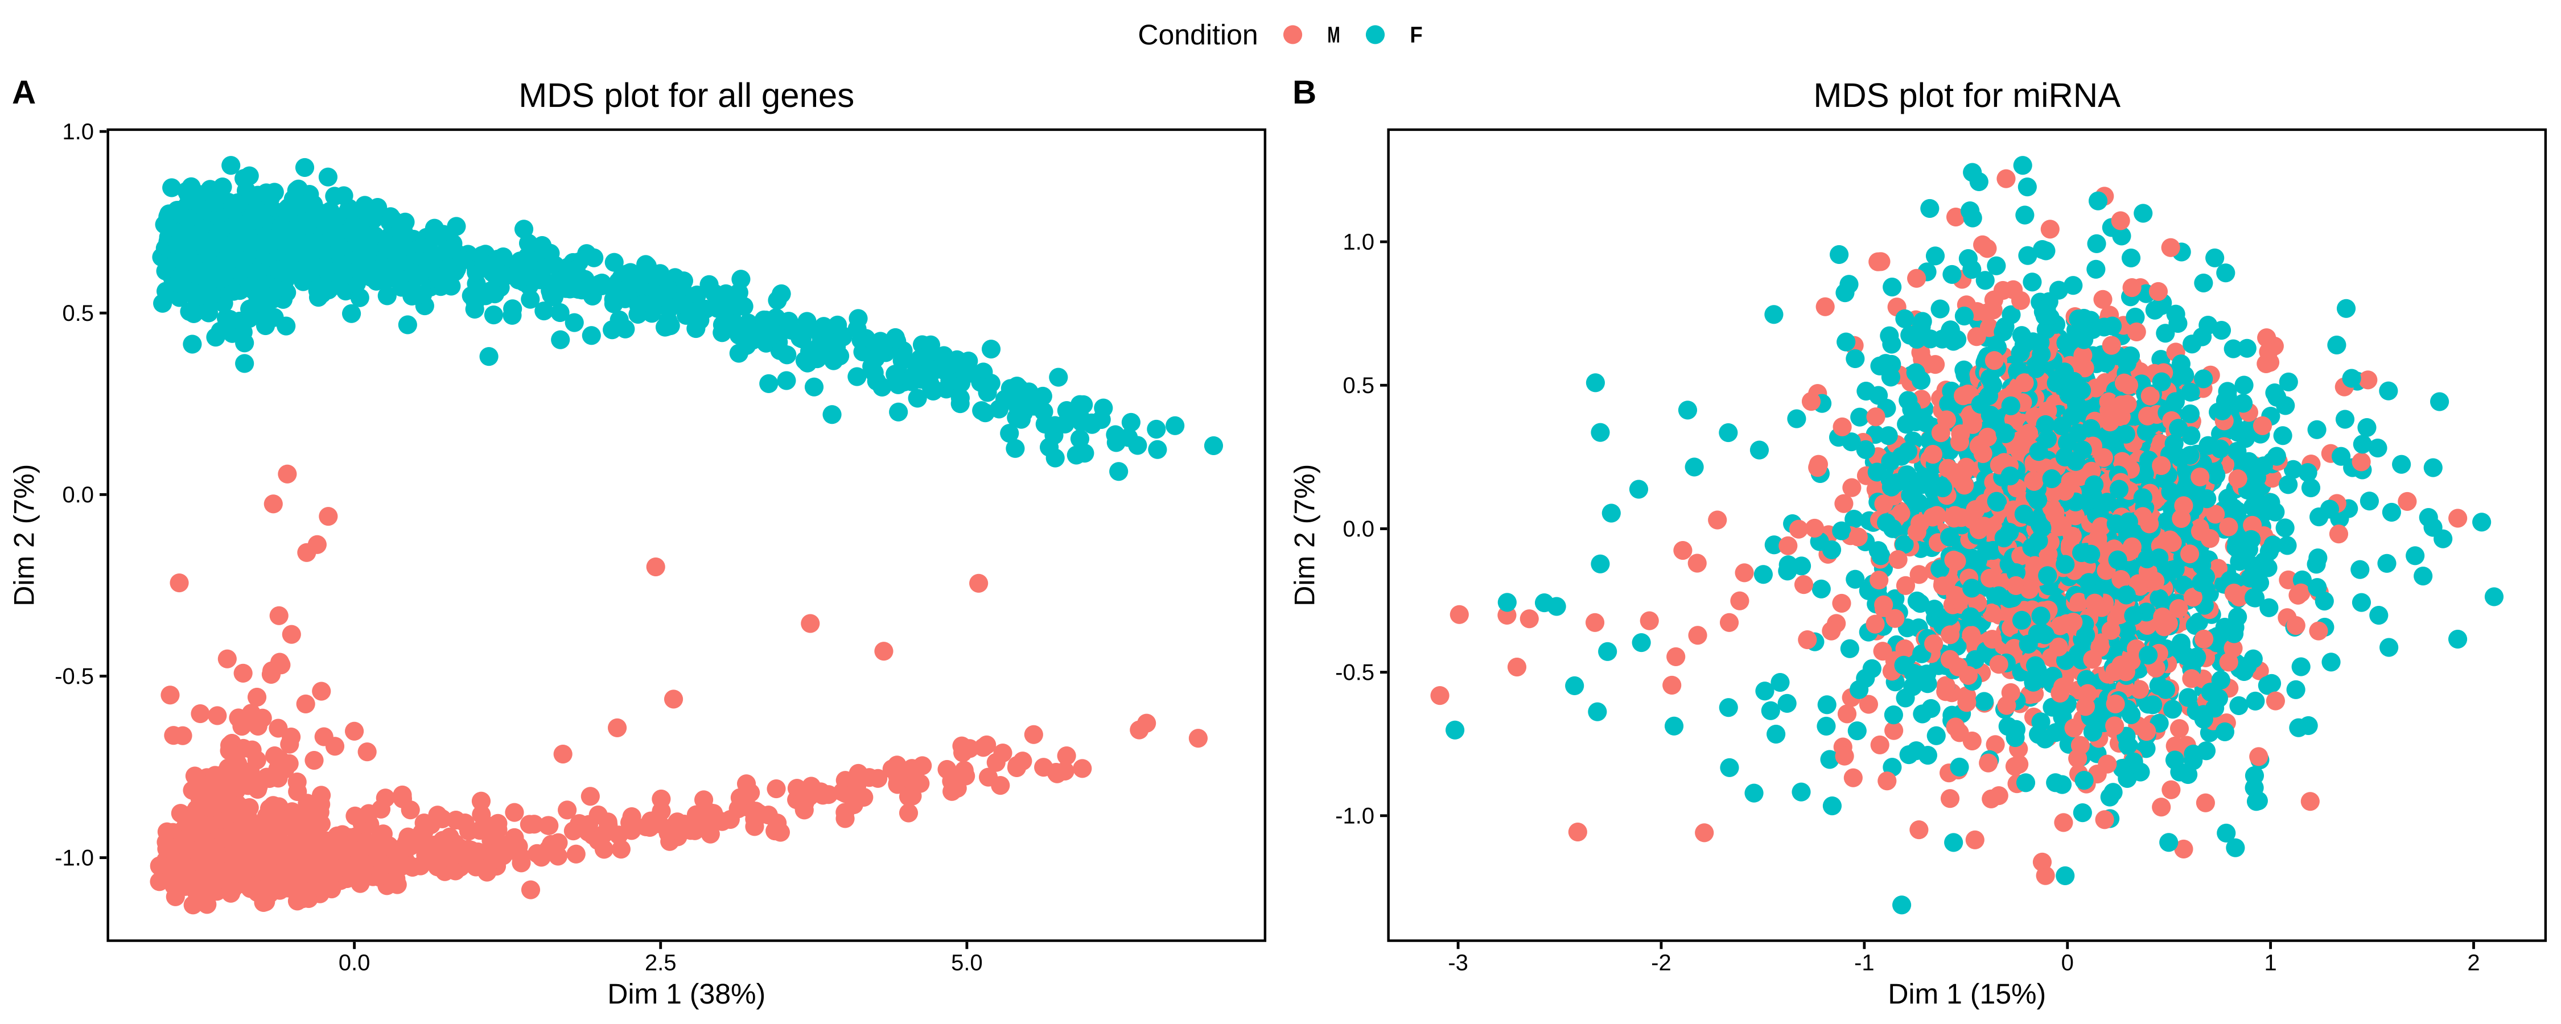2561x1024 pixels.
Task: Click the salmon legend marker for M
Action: pos(1292,35)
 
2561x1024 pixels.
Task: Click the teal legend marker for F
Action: pos(1375,35)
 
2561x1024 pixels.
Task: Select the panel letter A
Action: pos(24,93)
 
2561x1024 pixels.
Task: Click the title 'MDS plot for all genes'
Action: pos(686,96)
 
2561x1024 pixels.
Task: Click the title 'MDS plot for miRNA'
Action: pos(1966,96)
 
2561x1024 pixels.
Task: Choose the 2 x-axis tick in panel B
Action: pos(2473,963)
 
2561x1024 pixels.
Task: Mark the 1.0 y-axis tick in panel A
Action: pos(77,131)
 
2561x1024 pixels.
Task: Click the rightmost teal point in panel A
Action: pos(1213,445)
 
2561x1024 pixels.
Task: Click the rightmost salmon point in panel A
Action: pos(1198,738)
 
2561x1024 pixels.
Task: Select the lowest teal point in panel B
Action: pos(1901,905)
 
